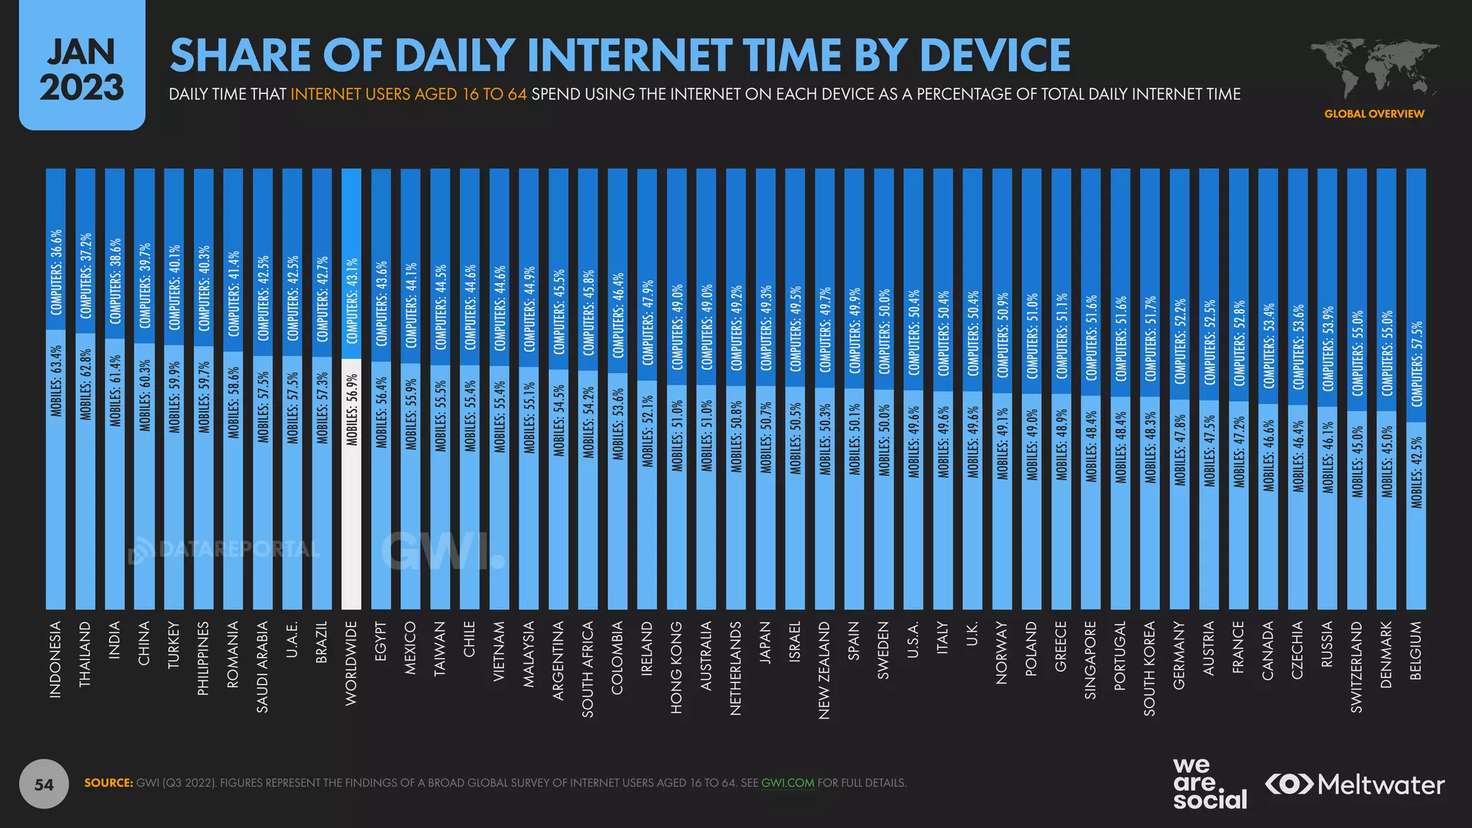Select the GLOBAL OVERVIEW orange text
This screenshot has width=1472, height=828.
pyautogui.click(x=1374, y=114)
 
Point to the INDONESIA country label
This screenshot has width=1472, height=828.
pyautogui.click(x=55, y=659)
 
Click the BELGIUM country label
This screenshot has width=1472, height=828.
pyautogui.click(x=1416, y=650)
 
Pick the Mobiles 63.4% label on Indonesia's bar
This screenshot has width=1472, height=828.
pyautogui.click(x=55, y=381)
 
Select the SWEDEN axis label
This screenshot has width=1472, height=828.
pyautogui.click(x=883, y=650)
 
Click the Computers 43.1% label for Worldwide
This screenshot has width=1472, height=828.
pyautogui.click(x=351, y=301)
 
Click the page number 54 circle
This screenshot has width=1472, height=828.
pyautogui.click(x=44, y=784)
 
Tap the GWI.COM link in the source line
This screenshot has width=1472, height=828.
pyautogui.click(x=788, y=783)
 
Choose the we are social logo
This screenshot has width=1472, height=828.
pyautogui.click(x=1209, y=783)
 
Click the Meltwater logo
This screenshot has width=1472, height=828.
pyautogui.click(x=1355, y=784)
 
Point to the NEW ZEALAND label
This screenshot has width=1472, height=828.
pyautogui.click(x=824, y=670)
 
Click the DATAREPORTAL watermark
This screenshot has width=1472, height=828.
pyautogui.click(x=224, y=550)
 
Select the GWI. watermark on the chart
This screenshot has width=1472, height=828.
pyautogui.click(x=441, y=552)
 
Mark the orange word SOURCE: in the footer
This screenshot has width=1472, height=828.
pyautogui.click(x=109, y=783)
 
